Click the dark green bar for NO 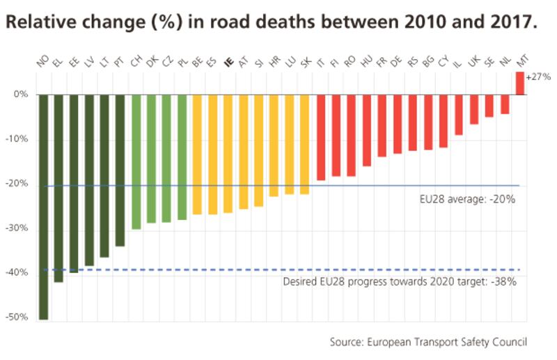coord(44,206)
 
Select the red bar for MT coord(519,83)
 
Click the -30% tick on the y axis coord(20,228)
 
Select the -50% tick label coord(20,318)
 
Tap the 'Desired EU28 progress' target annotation coord(399,283)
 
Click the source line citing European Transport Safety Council coord(428,341)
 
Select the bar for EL coord(58,188)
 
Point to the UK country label coord(473,63)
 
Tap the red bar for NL coord(505,104)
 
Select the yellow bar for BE coord(197,154)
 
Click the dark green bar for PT coord(120,170)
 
